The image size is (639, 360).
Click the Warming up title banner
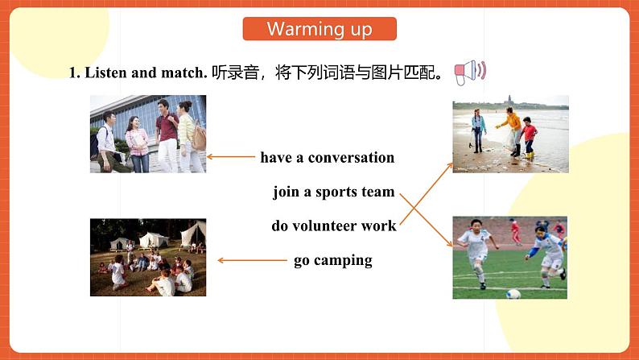(x=319, y=29)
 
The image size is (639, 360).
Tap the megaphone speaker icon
(x=470, y=72)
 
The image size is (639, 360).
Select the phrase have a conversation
(x=328, y=157)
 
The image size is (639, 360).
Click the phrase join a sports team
(x=334, y=192)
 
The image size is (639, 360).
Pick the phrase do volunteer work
(x=334, y=226)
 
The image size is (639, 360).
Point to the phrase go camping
(x=333, y=261)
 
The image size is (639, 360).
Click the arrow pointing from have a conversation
(x=231, y=156)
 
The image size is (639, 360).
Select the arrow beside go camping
(x=252, y=260)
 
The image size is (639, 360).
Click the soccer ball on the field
(x=513, y=293)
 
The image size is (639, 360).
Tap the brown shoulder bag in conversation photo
(x=199, y=138)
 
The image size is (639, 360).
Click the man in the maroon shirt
(x=167, y=135)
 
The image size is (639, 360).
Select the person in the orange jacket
(x=513, y=131)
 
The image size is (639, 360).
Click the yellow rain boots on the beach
(x=529, y=155)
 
